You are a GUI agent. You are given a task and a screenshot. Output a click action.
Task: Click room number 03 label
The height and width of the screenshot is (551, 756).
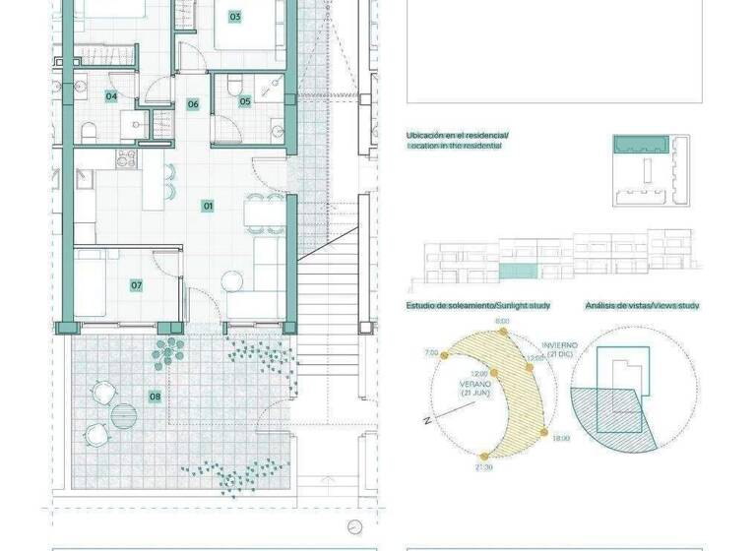[234, 17]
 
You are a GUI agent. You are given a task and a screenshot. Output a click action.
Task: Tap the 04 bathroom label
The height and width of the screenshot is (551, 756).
[112, 96]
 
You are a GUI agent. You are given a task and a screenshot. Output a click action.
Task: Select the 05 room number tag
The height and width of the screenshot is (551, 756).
[245, 100]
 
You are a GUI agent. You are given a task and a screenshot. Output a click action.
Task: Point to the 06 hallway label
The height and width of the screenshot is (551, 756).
[193, 104]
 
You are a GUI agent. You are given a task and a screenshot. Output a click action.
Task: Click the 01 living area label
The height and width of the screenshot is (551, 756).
[208, 206]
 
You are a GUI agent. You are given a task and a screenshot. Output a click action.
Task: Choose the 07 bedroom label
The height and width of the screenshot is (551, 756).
[137, 285]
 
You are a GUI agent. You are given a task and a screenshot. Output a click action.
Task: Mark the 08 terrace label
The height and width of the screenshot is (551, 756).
[155, 397]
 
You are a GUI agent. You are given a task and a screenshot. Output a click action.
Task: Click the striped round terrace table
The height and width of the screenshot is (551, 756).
[124, 414]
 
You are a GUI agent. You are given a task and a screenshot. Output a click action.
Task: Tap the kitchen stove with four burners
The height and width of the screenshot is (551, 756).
[125, 159]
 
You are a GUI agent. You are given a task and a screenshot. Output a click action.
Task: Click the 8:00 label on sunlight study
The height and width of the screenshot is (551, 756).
[502, 322]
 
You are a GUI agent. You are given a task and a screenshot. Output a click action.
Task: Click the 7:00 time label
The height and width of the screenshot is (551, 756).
[430, 352]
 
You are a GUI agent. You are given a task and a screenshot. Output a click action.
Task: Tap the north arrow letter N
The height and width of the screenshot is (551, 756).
[427, 420]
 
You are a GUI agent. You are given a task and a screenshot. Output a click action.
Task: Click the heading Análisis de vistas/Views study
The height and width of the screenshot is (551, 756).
[642, 306]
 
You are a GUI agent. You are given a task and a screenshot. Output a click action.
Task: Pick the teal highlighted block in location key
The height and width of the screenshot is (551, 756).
[642, 145]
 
